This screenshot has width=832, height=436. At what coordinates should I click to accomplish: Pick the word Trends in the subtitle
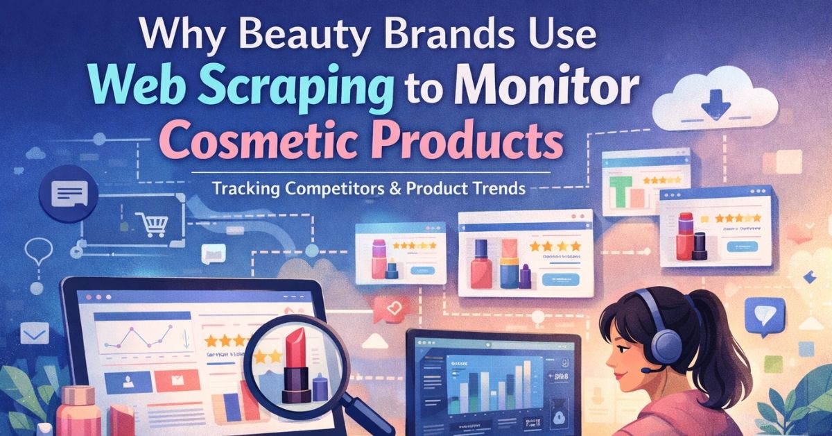coord(498,189)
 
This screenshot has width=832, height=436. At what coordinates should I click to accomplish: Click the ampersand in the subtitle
coord(397,189)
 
